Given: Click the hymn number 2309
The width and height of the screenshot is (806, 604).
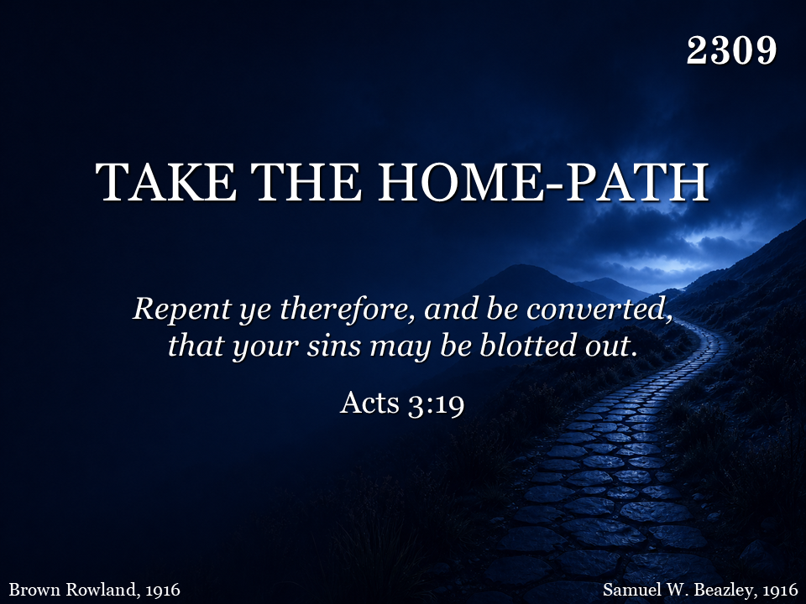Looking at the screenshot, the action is pyautogui.click(x=731, y=50).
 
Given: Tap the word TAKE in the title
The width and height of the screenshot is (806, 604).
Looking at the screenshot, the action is pyautogui.click(x=166, y=182).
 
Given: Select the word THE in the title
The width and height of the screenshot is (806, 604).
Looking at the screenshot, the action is pyautogui.click(x=306, y=182).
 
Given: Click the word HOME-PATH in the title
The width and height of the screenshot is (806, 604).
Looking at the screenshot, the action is pyautogui.click(x=543, y=182).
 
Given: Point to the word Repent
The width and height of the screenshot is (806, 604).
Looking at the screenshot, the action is pyautogui.click(x=182, y=310).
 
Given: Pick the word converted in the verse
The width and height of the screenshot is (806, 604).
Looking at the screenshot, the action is pyautogui.click(x=599, y=309).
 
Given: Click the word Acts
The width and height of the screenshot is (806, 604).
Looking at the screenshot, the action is pyautogui.click(x=369, y=402).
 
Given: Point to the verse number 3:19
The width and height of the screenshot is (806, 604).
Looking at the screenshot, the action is pyautogui.click(x=436, y=404).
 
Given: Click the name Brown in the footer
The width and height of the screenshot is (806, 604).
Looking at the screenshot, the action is pyautogui.click(x=34, y=589).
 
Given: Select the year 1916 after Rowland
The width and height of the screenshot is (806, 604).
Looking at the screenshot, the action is pyautogui.click(x=162, y=589).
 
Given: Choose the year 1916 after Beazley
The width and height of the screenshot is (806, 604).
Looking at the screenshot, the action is pyautogui.click(x=780, y=589).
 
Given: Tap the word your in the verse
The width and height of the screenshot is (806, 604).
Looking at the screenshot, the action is pyautogui.click(x=266, y=346).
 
